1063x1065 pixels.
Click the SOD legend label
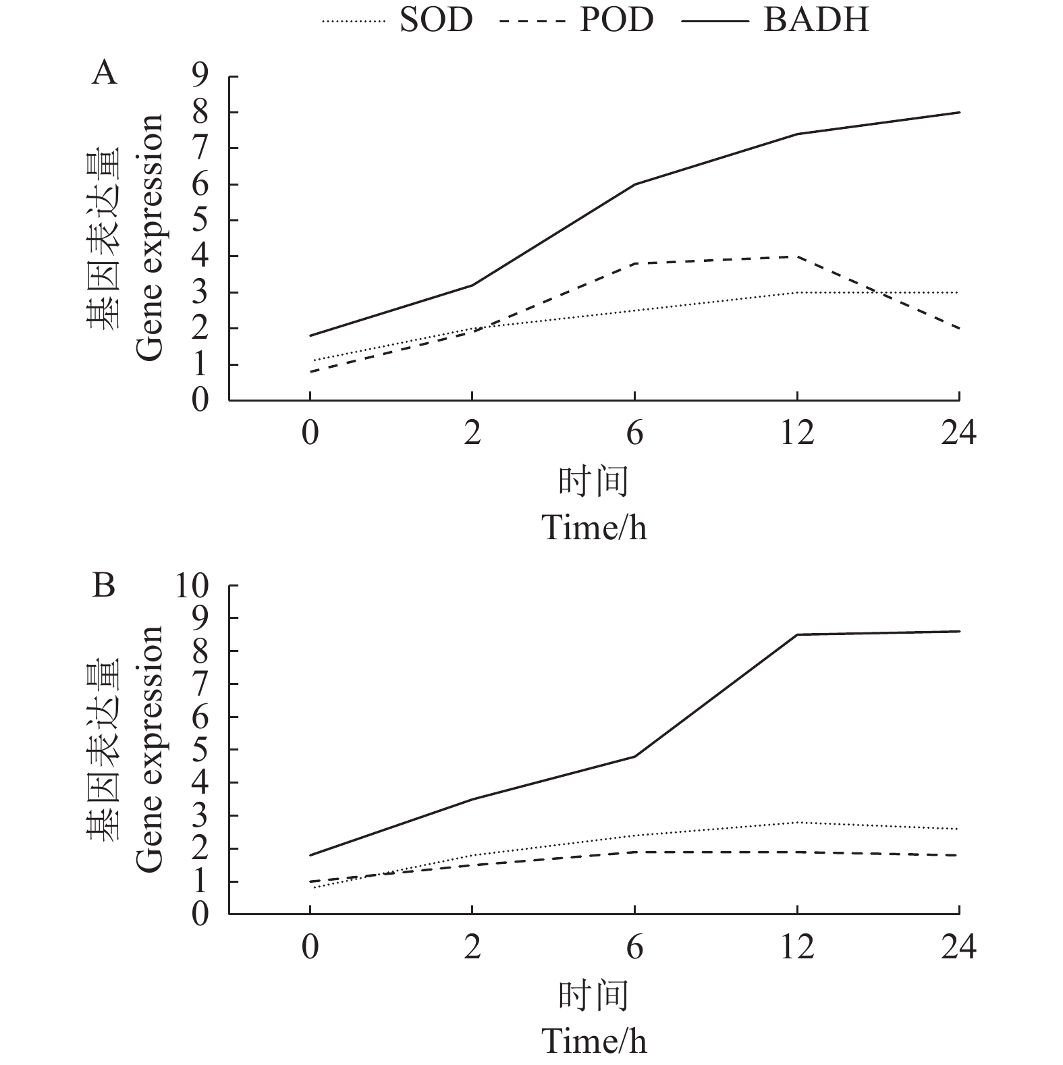click(436, 20)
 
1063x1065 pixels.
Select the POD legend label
click(616, 20)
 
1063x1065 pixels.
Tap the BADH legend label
click(816, 20)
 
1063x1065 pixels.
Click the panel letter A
click(104, 72)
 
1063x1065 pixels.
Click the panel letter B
click(104, 586)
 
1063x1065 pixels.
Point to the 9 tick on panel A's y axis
click(200, 77)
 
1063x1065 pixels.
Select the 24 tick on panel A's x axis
click(959, 433)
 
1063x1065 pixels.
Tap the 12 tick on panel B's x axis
click(797, 948)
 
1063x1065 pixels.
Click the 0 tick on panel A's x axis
click(310, 433)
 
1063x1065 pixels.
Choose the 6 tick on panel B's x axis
click(634, 948)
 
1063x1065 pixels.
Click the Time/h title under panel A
click(595, 527)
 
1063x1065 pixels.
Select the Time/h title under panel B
click(595, 1041)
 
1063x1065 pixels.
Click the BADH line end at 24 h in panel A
click(959, 112)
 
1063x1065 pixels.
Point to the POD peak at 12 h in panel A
click(797, 256)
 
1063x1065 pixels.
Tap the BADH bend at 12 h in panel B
click(797, 634)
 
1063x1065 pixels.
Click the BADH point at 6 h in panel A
click(634, 184)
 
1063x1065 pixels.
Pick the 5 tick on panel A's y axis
click(200, 221)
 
